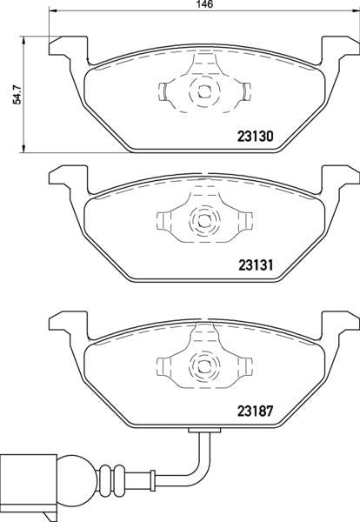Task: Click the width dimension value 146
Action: click(204, 5)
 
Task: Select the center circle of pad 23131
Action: click(203, 221)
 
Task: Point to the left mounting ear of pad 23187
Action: click(65, 324)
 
